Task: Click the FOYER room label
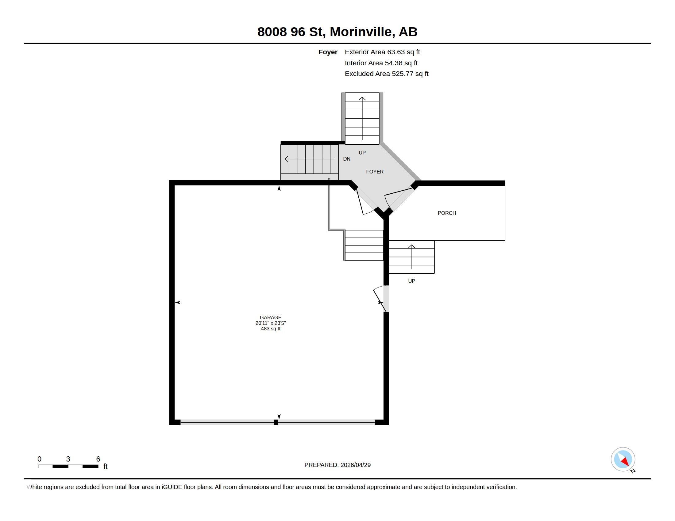tap(375, 172)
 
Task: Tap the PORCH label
tap(447, 213)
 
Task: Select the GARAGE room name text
tap(270, 317)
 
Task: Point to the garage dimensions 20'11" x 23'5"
tap(270, 323)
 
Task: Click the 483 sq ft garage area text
tap(270, 329)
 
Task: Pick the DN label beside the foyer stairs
tap(346, 159)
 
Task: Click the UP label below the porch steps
tap(411, 281)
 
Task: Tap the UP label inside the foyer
tap(362, 153)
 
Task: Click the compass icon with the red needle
tap(623, 459)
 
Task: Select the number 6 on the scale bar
tap(98, 459)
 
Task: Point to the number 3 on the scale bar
tap(68, 459)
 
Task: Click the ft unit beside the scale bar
tap(105, 466)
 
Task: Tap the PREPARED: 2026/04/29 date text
tap(337, 465)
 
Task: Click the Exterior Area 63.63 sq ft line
tap(382, 52)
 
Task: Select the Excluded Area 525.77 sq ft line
tap(386, 74)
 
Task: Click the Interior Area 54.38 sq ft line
tap(381, 63)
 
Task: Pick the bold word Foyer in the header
tap(328, 52)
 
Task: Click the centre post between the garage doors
tap(276, 422)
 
